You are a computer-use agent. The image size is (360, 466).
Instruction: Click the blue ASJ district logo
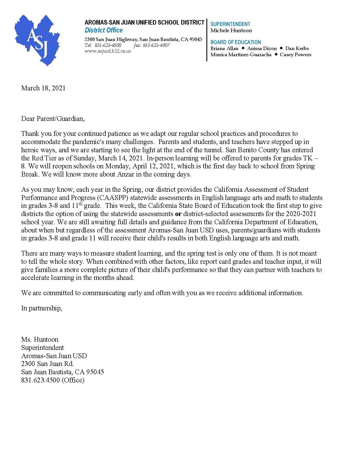(38, 40)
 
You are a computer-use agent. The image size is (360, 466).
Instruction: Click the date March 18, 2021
(43, 88)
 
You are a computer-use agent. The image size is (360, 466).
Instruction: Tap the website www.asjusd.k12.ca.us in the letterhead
(108, 51)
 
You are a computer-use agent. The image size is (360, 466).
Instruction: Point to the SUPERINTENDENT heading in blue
(230, 24)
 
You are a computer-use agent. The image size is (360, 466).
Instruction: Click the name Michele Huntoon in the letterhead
(231, 31)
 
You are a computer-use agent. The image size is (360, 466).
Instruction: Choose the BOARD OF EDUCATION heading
(236, 42)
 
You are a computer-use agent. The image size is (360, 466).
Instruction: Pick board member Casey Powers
(295, 55)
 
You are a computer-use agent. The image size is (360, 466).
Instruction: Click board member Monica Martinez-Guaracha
(241, 55)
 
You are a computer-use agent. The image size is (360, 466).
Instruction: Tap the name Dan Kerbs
(297, 48)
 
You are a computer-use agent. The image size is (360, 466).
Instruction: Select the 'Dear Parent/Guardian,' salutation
(53, 118)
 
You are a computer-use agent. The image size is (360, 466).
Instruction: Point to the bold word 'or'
(178, 214)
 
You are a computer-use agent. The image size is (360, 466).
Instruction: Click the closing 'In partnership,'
(42, 308)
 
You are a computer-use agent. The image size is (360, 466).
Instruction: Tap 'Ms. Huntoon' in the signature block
(40, 339)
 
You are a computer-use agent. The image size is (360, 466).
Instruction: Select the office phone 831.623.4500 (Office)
(53, 380)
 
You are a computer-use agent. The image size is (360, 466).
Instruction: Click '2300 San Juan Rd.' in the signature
(47, 364)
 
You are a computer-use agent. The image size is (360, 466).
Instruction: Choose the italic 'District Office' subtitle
(104, 30)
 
